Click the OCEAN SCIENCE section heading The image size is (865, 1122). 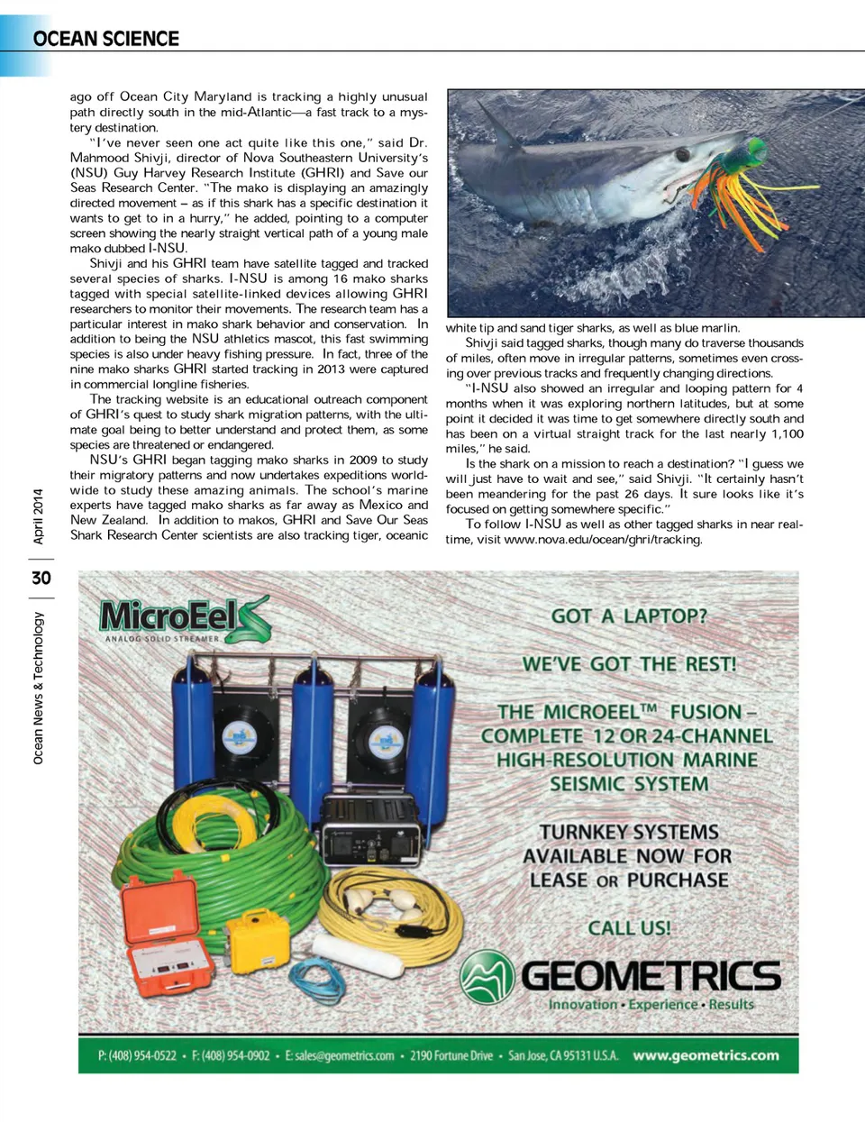point(105,39)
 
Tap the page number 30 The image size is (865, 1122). point(41,578)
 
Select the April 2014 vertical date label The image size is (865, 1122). point(38,516)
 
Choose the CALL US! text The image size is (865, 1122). point(629,927)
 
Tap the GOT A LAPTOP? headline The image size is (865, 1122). point(629,616)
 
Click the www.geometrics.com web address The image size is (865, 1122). point(706,1055)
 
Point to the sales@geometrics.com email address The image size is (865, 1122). point(340,1055)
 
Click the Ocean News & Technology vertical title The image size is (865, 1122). point(38,688)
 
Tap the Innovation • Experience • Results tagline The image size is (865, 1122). point(651,1004)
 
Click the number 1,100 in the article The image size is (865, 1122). point(786,433)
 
